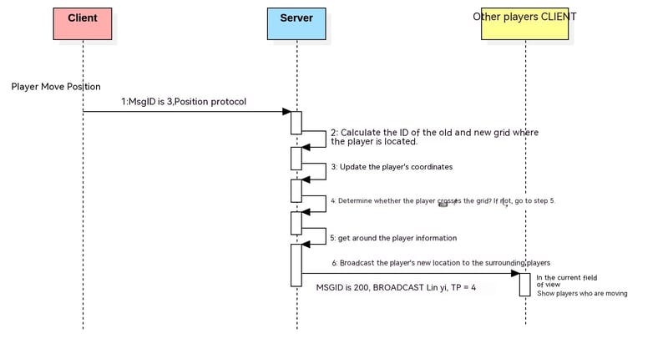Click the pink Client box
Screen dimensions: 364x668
coord(83,23)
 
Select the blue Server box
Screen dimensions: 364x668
coord(296,23)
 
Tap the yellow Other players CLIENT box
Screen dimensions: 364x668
coord(524,25)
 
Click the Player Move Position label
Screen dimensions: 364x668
coord(56,87)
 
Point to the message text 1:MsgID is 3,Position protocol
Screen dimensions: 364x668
coord(184,102)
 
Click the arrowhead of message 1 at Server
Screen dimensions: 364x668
coord(286,112)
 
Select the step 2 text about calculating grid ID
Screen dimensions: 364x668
coord(434,137)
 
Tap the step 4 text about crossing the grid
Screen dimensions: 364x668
coord(443,200)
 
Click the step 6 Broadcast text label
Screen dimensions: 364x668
coord(441,262)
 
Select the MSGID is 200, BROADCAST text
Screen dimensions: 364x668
coord(396,287)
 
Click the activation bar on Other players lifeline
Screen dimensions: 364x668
coord(524,284)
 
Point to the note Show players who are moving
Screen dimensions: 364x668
coord(582,293)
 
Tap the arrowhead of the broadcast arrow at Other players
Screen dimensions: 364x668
coord(515,273)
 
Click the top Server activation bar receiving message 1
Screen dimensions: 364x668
coord(296,122)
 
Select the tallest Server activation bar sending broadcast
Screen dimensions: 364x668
coord(296,265)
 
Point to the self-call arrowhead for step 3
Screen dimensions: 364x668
coord(306,178)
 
